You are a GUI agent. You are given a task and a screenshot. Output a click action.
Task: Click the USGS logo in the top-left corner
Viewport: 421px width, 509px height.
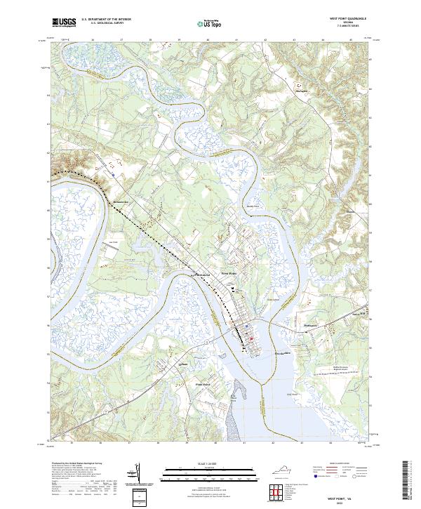point(64,22)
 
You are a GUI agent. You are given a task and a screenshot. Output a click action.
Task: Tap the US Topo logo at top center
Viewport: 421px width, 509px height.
point(210,23)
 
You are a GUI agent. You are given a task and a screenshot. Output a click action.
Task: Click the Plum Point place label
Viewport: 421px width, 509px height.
point(202,384)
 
